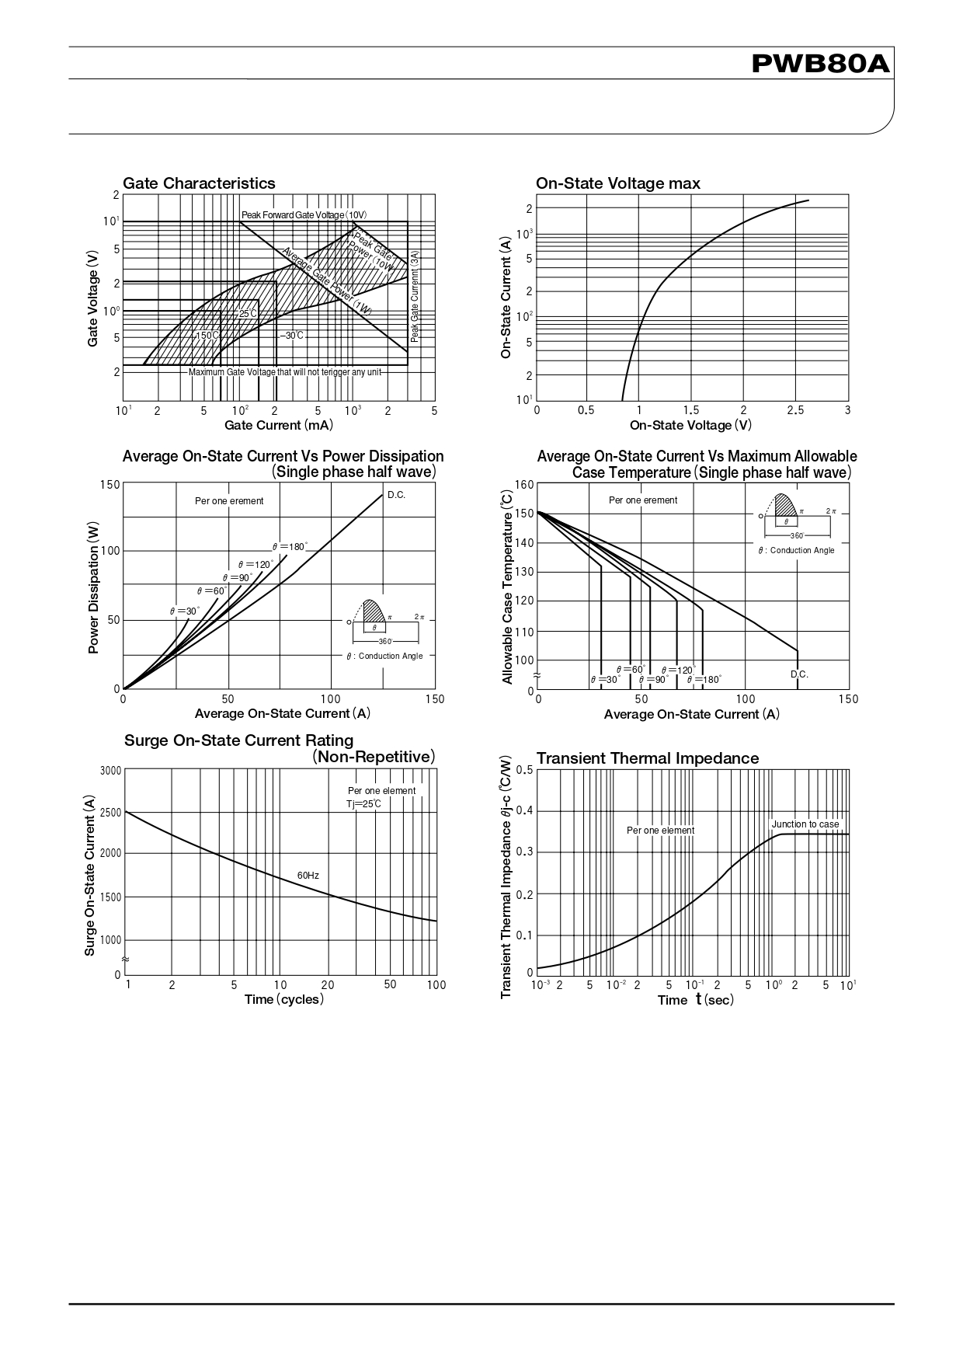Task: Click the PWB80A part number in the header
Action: (820, 64)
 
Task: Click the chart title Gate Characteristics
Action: (199, 183)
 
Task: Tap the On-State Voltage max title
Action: (617, 183)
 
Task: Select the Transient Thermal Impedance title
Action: (647, 758)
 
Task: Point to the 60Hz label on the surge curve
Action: (308, 876)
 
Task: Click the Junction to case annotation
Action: (805, 824)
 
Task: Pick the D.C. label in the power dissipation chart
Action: (396, 495)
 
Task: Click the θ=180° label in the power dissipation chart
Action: (290, 547)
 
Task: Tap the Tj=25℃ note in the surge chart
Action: (363, 803)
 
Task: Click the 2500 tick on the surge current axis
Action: (111, 813)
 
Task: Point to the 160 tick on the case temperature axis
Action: (524, 485)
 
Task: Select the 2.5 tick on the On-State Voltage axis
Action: (794, 410)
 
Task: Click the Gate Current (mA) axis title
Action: (278, 425)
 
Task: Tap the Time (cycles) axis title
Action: (283, 999)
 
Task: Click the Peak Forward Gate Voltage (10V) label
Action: (304, 214)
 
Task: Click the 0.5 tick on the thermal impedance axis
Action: (524, 770)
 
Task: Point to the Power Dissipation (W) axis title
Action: (94, 587)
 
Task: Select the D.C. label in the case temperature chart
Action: (799, 674)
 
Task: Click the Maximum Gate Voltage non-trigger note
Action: (285, 372)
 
